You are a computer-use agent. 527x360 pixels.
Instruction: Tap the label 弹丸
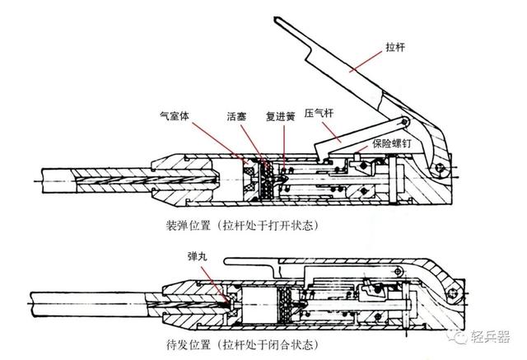tap(202, 258)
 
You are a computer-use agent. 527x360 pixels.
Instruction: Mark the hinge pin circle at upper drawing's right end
tap(442, 171)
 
